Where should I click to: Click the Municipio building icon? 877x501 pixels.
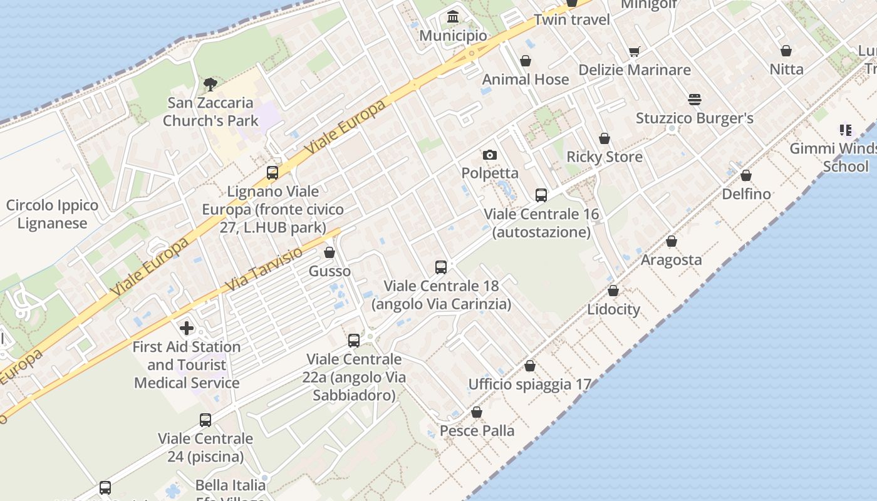[x=453, y=17]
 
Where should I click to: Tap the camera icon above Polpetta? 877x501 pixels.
[x=490, y=155]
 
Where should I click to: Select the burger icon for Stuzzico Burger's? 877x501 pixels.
[x=694, y=100]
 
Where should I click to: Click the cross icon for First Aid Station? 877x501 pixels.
[x=186, y=328]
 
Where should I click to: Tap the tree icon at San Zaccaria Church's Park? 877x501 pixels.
[x=210, y=84]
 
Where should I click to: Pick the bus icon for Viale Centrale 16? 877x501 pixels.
[x=541, y=195]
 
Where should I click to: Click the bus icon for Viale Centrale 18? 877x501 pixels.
[x=441, y=267]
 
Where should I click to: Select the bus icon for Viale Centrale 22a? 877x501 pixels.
[x=354, y=341]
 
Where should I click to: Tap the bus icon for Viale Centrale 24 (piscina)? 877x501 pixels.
[x=205, y=420]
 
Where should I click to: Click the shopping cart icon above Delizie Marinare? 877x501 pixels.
[x=635, y=51]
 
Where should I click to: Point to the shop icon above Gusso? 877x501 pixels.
[x=330, y=253]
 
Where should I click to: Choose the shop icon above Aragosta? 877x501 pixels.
[x=672, y=241]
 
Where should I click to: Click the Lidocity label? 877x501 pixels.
[x=613, y=309]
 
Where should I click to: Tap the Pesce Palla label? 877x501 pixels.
[x=477, y=431]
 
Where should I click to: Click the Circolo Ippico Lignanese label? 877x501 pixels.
[x=52, y=214]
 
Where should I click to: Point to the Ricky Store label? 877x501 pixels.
[x=605, y=157]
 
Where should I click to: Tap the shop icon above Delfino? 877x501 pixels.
[x=746, y=175]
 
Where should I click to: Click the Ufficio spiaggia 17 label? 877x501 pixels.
[x=530, y=384]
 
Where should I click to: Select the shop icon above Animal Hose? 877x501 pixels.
[x=526, y=61]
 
